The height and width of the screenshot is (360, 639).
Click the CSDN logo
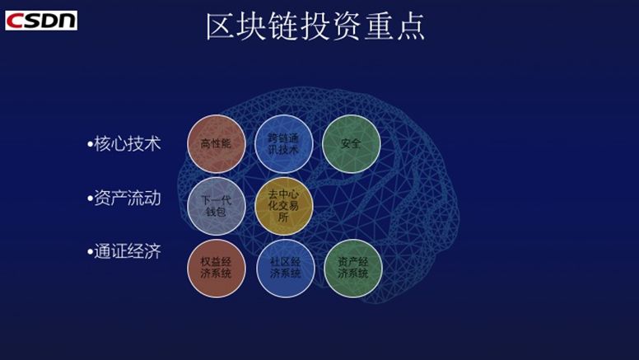(40, 20)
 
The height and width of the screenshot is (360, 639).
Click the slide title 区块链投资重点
(315, 27)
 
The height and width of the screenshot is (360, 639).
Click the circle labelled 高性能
(217, 143)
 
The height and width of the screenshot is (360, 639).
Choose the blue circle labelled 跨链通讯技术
(283, 143)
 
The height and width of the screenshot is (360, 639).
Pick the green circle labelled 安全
(351, 143)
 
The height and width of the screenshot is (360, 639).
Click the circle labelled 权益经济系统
(217, 267)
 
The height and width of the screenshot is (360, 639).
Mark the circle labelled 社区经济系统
(285, 267)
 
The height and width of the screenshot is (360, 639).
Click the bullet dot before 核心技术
(91, 145)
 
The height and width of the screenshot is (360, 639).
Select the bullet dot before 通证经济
(91, 253)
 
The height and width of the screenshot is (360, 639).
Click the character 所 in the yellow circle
(283, 217)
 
